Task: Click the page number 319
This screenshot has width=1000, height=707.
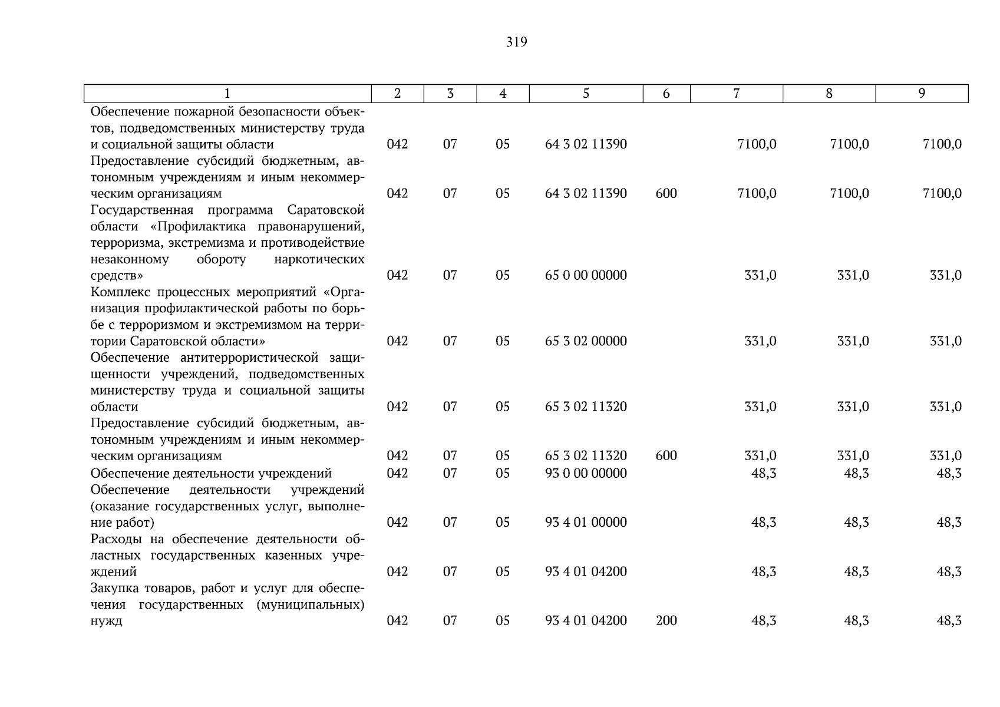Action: tap(516, 42)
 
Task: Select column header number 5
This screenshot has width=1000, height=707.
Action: tap(586, 94)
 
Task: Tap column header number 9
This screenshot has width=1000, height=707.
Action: tap(922, 94)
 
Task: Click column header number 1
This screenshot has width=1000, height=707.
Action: tap(227, 94)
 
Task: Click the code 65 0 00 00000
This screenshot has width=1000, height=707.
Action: tap(586, 276)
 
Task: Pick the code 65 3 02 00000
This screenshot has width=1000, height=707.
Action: tap(586, 341)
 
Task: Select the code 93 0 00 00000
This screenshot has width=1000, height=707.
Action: tap(586, 474)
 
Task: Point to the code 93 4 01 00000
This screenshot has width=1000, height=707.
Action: tap(586, 523)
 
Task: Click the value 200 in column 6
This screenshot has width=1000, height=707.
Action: tap(666, 621)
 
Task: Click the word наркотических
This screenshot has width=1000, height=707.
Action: tap(319, 259)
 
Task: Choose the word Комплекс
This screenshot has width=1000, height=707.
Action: tap(118, 293)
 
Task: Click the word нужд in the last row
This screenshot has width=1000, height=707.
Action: tap(106, 621)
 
